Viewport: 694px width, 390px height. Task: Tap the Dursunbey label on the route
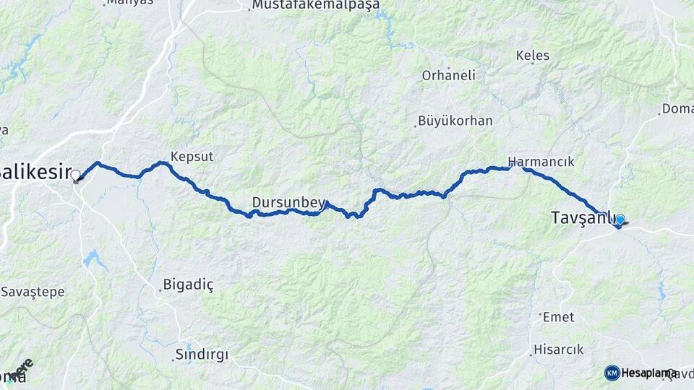[288, 203]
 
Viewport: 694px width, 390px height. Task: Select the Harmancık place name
[541, 162]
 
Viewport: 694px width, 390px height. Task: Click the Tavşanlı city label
[583, 217]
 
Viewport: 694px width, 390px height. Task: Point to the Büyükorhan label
[455, 121]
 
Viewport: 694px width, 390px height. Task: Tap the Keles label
[533, 56]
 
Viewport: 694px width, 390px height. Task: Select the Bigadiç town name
[189, 285]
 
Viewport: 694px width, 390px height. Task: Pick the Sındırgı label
[202, 355]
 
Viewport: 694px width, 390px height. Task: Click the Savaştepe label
[33, 292]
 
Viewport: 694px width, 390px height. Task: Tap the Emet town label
[559, 316]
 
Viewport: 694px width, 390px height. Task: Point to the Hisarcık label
[558, 350]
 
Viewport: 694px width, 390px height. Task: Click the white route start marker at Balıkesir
[75, 175]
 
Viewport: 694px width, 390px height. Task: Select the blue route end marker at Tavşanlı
[620, 220]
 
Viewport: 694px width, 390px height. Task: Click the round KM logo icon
[612, 373]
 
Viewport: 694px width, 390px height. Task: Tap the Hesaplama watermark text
[648, 373]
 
